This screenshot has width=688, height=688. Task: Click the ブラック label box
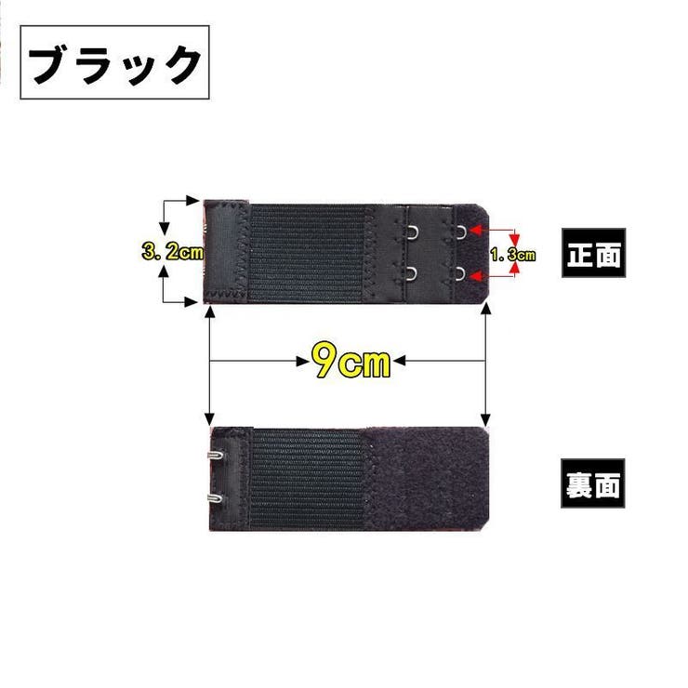[x=114, y=62]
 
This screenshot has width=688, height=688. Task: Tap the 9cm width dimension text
[x=351, y=361]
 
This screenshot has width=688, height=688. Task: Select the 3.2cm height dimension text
[x=173, y=252]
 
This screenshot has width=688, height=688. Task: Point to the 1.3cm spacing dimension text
[x=512, y=255]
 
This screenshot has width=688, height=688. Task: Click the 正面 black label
[x=594, y=253]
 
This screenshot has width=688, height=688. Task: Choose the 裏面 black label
[x=593, y=483]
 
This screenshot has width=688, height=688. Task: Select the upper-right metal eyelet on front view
[x=460, y=232]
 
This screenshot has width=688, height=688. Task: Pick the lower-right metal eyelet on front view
[x=460, y=273]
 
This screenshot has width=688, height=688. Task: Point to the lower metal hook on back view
[x=215, y=498]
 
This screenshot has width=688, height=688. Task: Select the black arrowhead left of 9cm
[x=303, y=361]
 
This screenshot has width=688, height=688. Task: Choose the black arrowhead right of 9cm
[x=399, y=361]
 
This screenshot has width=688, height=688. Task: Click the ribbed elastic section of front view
[x=307, y=253]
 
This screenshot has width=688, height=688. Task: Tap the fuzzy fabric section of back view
[x=428, y=479]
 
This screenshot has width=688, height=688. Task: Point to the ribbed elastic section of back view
[x=307, y=479]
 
